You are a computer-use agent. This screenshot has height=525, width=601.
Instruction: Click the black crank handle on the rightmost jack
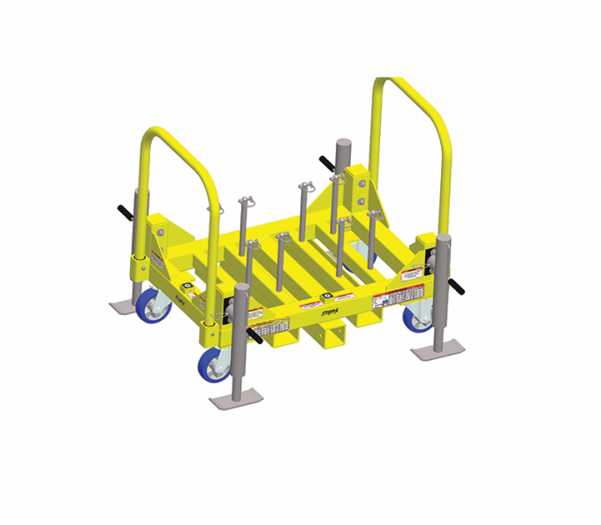tap(459, 288)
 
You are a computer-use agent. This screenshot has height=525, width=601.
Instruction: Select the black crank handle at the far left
tap(123, 213)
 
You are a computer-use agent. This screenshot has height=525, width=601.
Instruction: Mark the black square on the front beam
tap(328, 296)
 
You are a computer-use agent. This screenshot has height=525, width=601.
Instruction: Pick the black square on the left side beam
tap(187, 288)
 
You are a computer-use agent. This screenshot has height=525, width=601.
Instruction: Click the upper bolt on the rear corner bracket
tap(361, 181)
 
